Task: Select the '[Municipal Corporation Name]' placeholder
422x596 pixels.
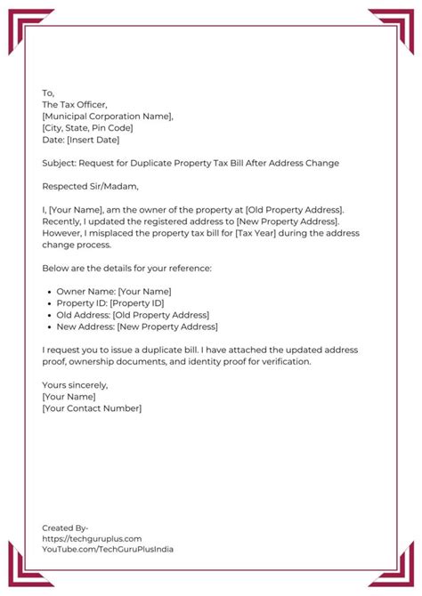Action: [108, 116]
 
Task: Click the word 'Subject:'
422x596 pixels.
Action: [59, 164]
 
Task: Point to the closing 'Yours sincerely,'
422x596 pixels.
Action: [75, 385]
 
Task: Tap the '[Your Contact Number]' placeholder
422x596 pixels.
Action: [92, 408]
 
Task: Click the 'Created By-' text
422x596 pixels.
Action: [65, 528]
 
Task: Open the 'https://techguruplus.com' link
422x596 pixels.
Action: [93, 538]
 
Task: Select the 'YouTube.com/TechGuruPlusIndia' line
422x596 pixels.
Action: [108, 549]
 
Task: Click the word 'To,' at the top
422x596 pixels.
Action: [48, 93]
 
